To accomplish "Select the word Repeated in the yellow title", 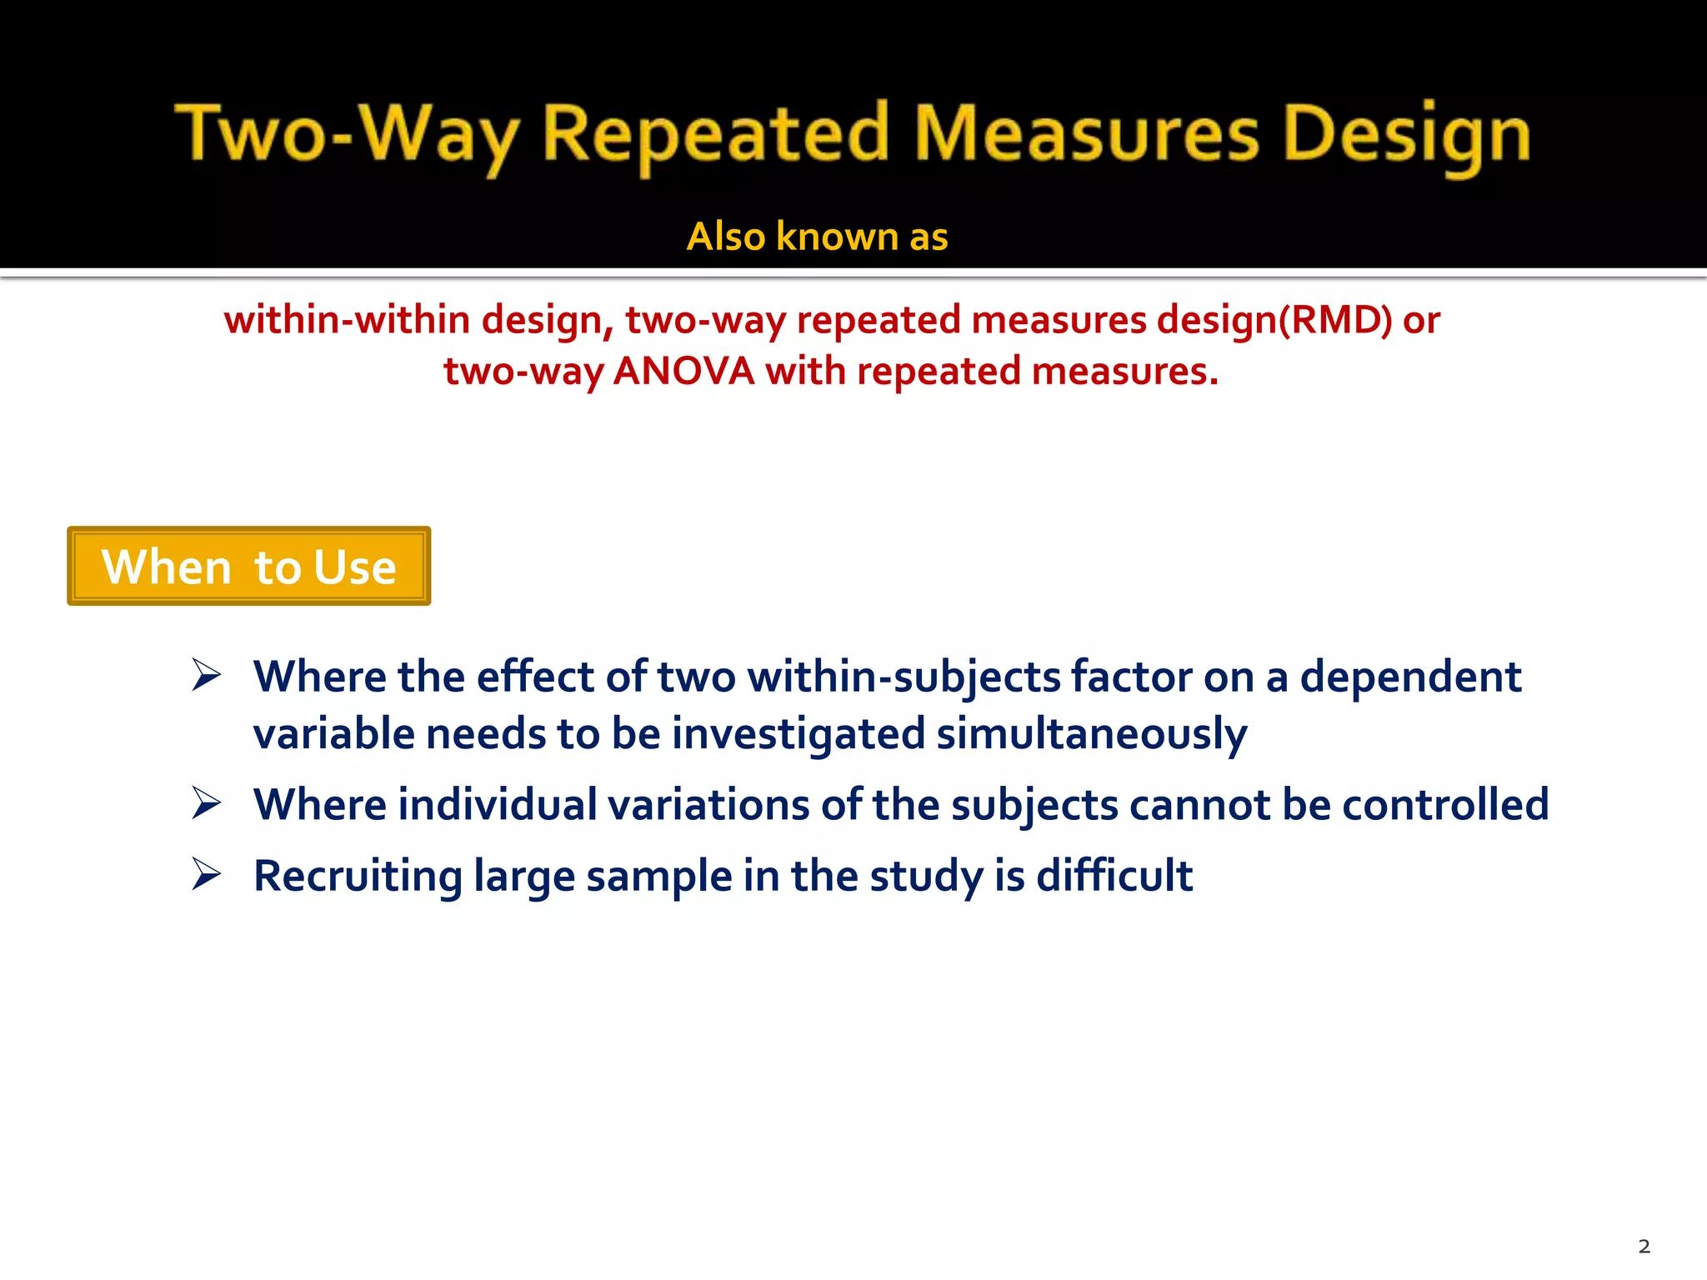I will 715,135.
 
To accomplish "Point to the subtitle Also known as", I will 817,237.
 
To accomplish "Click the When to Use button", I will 248,567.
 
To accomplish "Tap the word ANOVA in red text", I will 683,371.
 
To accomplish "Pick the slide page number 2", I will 1644,1247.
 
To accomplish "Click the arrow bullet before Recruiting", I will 206,874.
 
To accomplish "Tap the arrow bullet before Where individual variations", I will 206,803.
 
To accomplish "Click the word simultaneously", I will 1091,734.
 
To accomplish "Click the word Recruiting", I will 358,877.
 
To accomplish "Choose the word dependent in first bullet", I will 1410,676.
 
